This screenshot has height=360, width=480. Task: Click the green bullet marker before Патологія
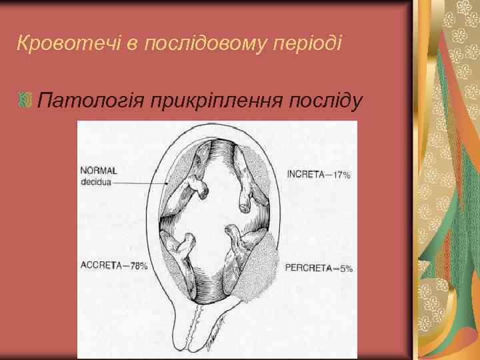point(26,101)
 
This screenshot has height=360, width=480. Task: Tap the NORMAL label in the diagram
point(99,169)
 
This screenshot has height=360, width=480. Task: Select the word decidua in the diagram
point(96,181)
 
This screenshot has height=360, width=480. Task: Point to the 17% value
point(341,175)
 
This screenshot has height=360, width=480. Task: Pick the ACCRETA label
point(101,265)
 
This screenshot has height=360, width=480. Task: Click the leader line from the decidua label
point(140,182)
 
